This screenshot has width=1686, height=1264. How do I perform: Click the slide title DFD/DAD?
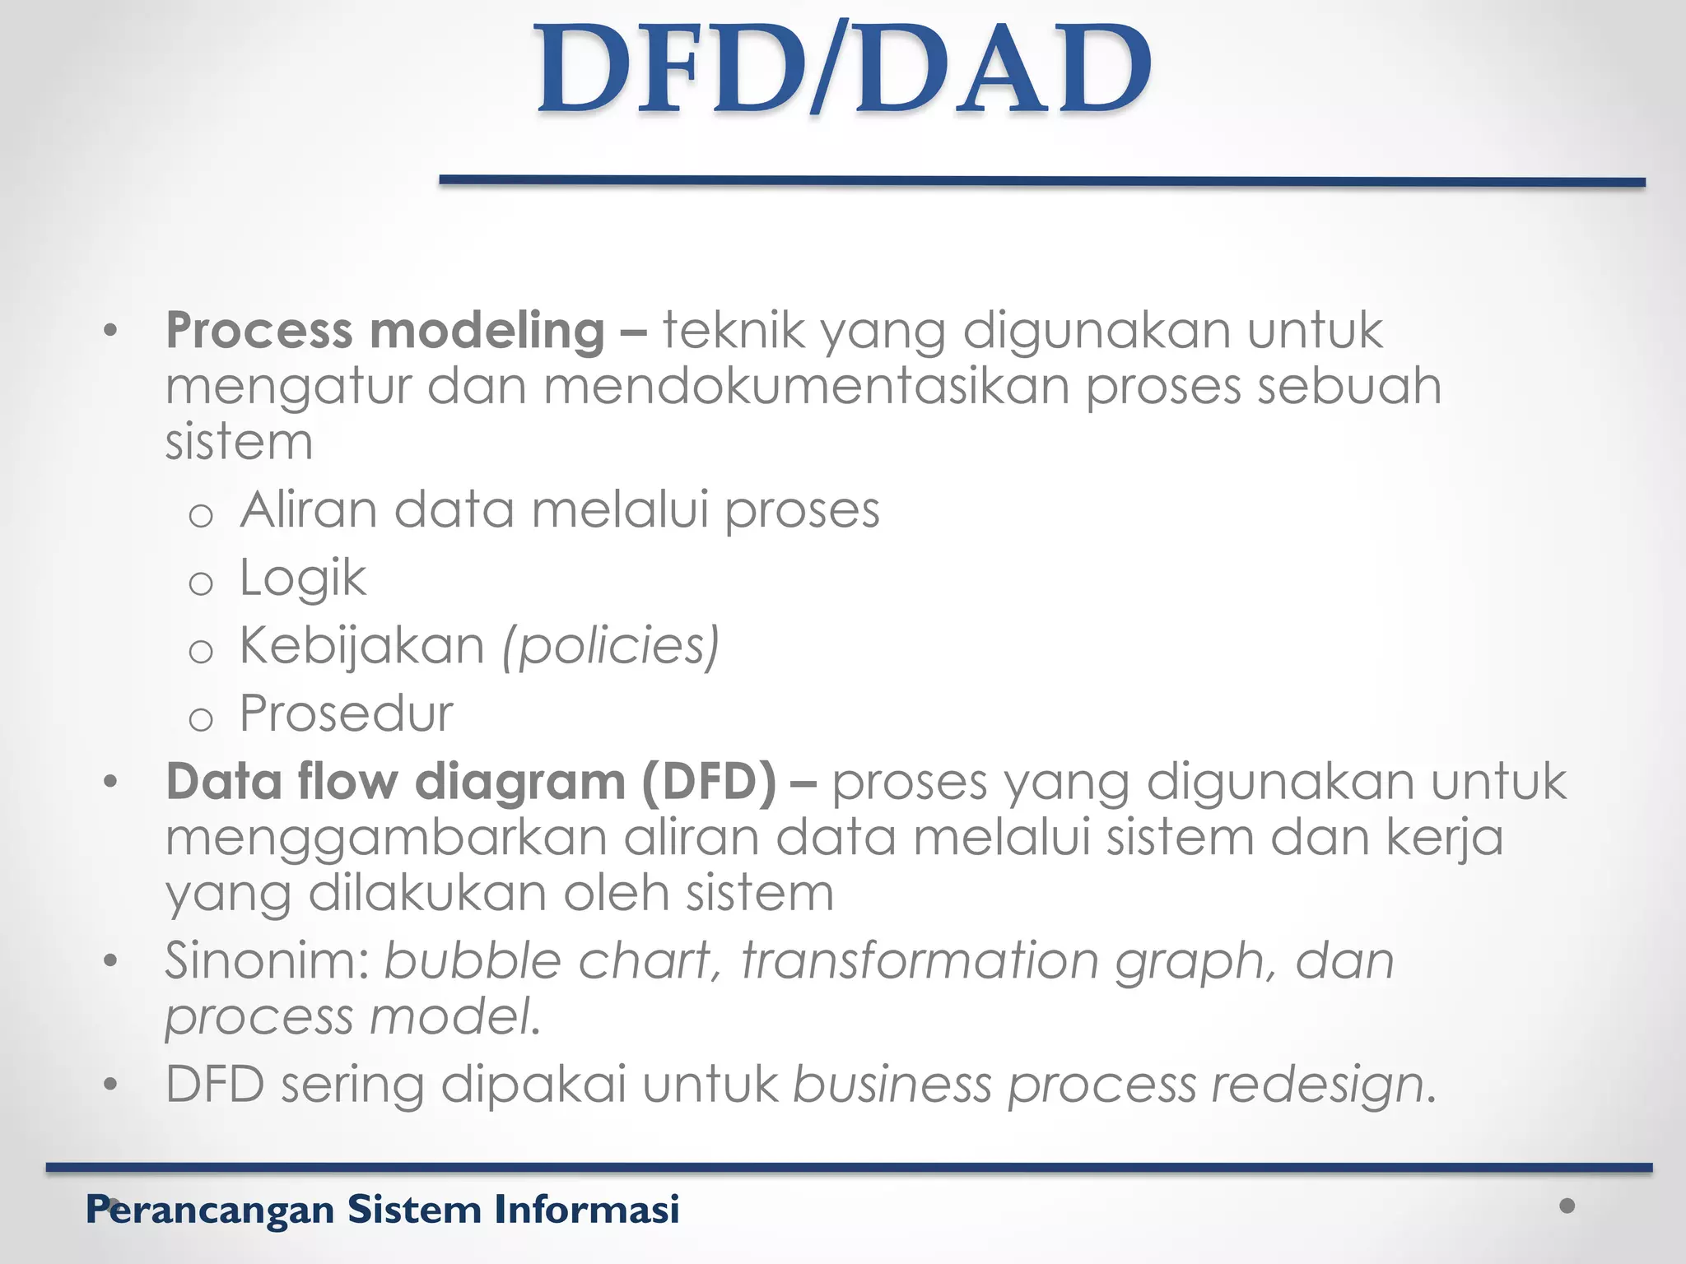pyautogui.click(x=844, y=69)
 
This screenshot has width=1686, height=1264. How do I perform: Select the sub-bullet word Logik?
pyautogui.click(x=302, y=578)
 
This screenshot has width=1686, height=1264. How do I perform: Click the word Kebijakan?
pyautogui.click(x=362, y=645)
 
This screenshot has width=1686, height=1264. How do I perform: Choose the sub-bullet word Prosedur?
pyautogui.click(x=346, y=713)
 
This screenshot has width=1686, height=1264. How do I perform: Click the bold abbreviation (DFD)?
pyautogui.click(x=708, y=781)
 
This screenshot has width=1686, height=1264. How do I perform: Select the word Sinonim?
pyautogui.click(x=267, y=960)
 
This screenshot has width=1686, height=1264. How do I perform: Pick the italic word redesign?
pyautogui.click(x=1317, y=1085)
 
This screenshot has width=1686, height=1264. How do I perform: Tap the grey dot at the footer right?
pyautogui.click(x=1567, y=1206)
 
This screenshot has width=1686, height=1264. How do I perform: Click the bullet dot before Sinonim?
pyautogui.click(x=111, y=961)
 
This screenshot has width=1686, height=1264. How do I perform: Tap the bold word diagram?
pyautogui.click(x=519, y=783)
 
